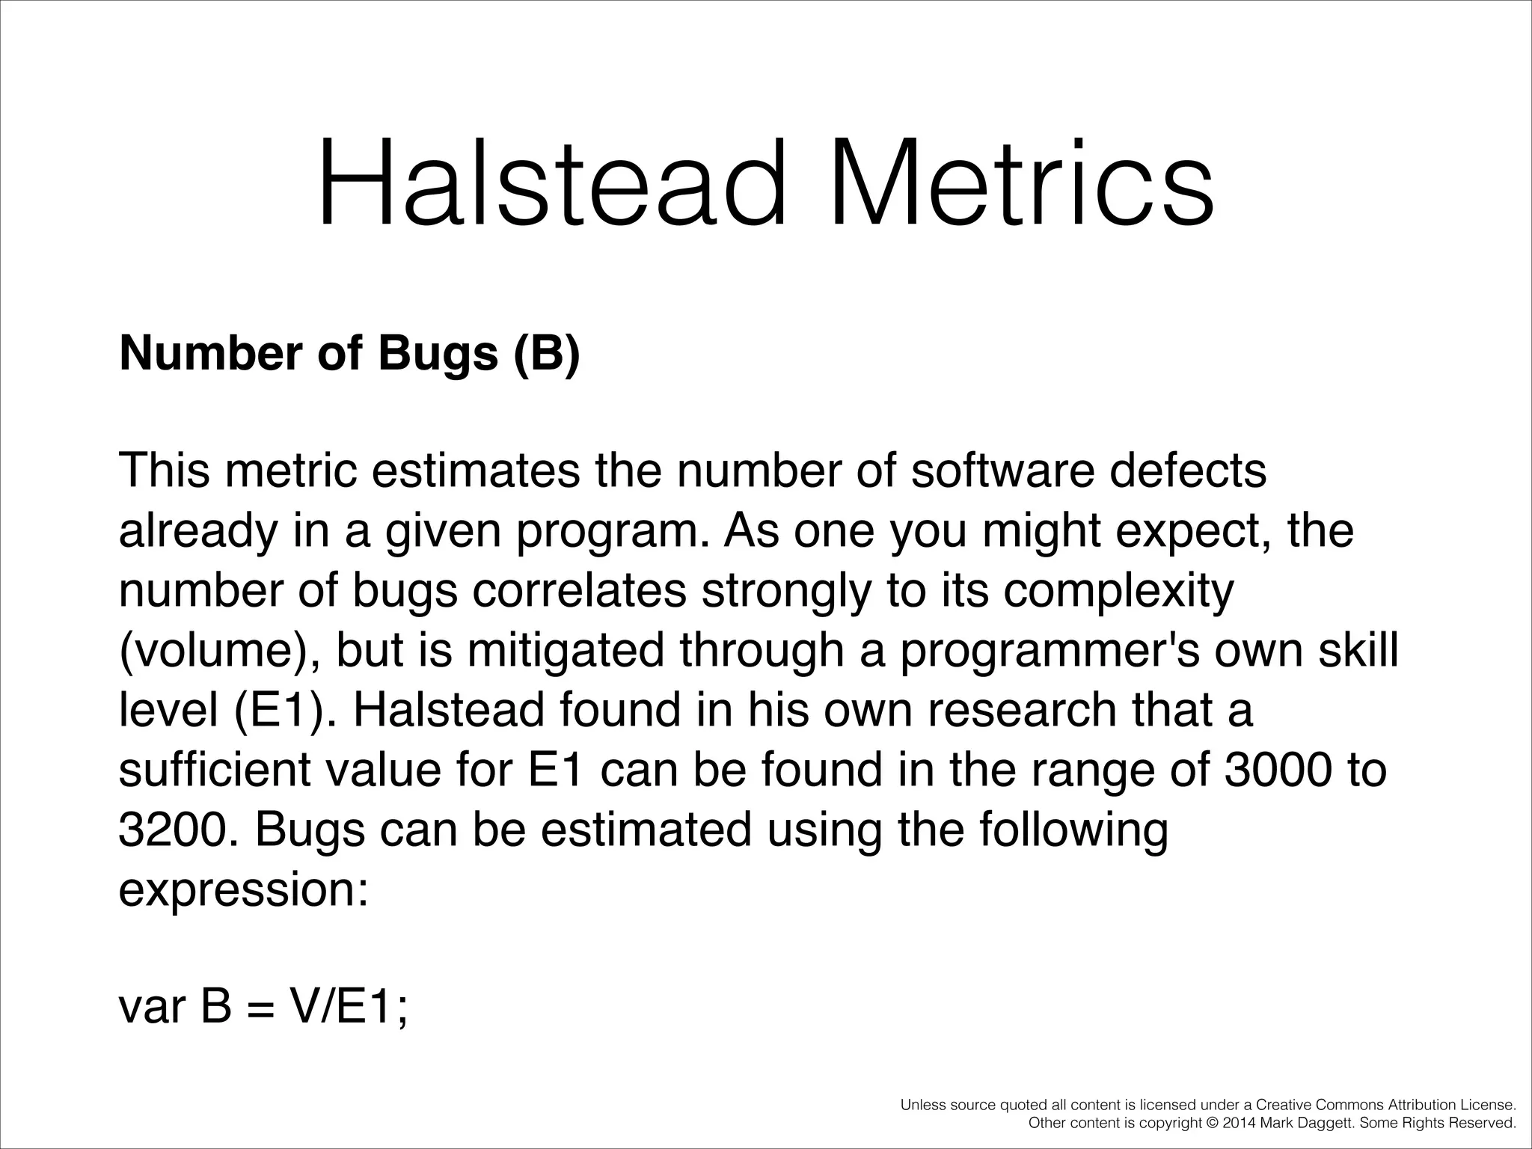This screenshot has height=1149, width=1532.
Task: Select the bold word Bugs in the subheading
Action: [x=438, y=353]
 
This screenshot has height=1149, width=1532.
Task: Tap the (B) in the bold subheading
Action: [x=547, y=353]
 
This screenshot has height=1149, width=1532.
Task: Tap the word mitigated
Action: [x=566, y=651]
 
